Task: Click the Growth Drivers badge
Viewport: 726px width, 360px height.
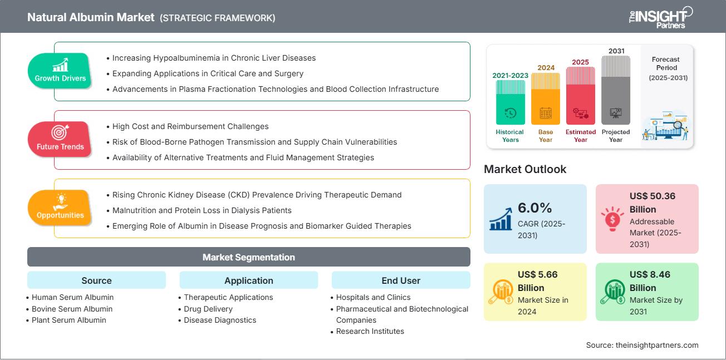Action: click(60, 71)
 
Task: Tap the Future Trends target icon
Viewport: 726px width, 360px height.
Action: click(60, 132)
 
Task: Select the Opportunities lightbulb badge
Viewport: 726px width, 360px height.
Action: click(60, 208)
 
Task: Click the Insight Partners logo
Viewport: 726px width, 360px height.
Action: click(661, 17)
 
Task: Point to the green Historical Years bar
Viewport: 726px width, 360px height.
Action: click(511, 102)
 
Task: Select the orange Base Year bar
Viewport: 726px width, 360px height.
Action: click(546, 99)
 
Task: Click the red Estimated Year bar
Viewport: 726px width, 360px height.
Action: click(581, 96)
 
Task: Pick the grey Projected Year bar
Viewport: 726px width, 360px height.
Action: click(616, 90)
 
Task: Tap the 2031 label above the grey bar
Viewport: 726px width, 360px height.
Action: click(616, 51)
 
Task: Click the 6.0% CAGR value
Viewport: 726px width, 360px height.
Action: click(535, 208)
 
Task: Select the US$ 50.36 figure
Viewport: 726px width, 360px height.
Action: click(653, 196)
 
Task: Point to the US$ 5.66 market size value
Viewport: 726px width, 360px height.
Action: click(537, 274)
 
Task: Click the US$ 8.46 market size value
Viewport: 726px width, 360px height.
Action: click(650, 274)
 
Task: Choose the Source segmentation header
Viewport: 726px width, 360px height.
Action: click(96, 280)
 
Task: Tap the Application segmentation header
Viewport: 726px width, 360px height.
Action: click(249, 280)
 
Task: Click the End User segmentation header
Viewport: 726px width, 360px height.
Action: click(401, 280)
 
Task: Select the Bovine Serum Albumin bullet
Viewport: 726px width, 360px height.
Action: click(72, 309)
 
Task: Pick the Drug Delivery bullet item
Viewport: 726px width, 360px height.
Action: click(208, 309)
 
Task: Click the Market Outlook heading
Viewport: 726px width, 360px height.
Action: click(525, 169)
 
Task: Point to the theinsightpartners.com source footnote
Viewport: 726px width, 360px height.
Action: click(642, 345)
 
